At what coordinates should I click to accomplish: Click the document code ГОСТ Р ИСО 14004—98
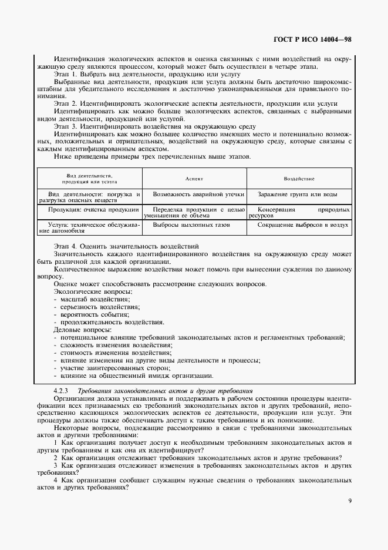315,40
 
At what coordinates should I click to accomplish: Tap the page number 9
350,501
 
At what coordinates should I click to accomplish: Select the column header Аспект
194,178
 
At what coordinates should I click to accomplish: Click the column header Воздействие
299,178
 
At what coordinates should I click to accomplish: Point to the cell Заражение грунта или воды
297,193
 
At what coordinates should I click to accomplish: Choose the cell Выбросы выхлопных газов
191,224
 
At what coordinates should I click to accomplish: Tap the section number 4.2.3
61,390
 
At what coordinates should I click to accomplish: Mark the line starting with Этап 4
126,245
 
